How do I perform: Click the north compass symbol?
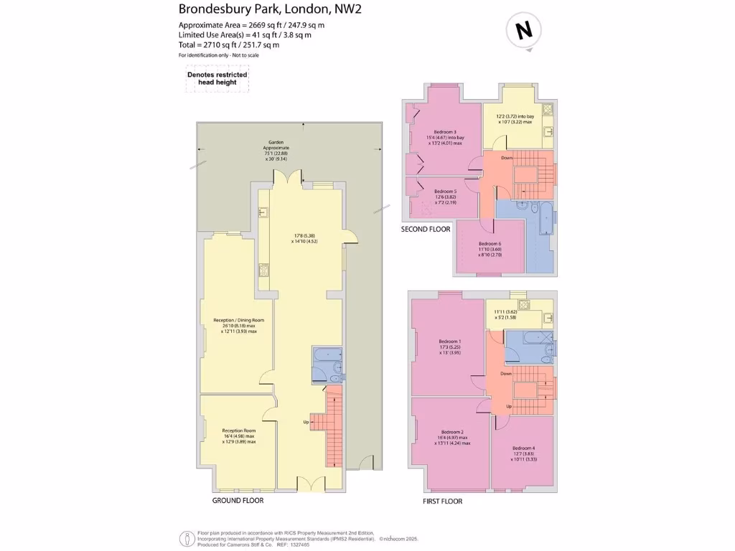click(524, 31)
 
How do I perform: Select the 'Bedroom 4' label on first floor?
click(524, 448)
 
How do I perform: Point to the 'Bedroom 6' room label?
click(490, 243)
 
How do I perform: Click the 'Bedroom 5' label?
click(445, 192)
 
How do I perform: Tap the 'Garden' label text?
click(276, 143)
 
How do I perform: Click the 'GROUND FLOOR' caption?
click(238, 500)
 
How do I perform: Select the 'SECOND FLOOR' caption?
click(426, 230)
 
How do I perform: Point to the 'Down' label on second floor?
click(507, 158)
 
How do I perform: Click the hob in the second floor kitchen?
click(547, 110)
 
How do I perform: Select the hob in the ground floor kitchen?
click(264, 270)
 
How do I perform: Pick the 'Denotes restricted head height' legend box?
click(217, 79)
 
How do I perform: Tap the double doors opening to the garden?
click(291, 177)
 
